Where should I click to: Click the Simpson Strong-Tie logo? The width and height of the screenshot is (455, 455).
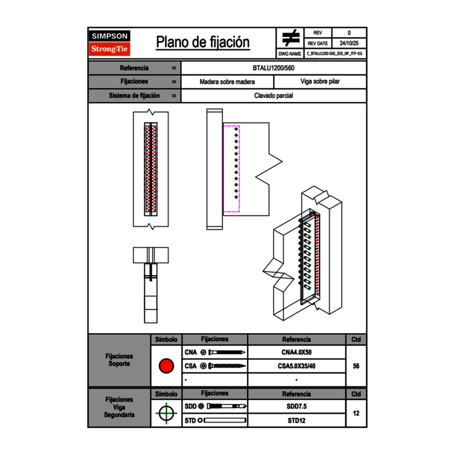(110, 43)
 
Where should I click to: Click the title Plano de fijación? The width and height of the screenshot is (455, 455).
(203, 42)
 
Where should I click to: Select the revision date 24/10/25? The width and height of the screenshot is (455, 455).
(349, 43)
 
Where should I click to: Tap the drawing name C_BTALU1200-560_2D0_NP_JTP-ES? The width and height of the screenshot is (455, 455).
(335, 53)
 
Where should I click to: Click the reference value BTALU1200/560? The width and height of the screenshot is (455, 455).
(274, 68)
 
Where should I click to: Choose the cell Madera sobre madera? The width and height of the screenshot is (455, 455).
(227, 82)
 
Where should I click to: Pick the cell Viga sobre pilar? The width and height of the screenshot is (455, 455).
(320, 82)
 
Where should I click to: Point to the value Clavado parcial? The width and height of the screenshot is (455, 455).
(274, 96)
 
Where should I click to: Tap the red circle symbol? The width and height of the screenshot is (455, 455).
(166, 366)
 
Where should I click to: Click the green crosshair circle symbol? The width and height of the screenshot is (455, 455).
(166, 413)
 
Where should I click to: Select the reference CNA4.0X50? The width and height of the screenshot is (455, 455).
(296, 353)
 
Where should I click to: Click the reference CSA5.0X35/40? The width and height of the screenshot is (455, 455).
(296, 366)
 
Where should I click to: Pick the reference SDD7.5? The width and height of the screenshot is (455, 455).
(296, 406)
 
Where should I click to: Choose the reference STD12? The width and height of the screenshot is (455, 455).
(296, 420)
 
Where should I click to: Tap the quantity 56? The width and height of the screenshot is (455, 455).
(356, 366)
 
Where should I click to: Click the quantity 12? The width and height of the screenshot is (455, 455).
(356, 414)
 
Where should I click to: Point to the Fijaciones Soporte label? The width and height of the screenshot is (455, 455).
(119, 360)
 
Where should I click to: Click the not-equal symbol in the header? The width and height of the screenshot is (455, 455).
(291, 38)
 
